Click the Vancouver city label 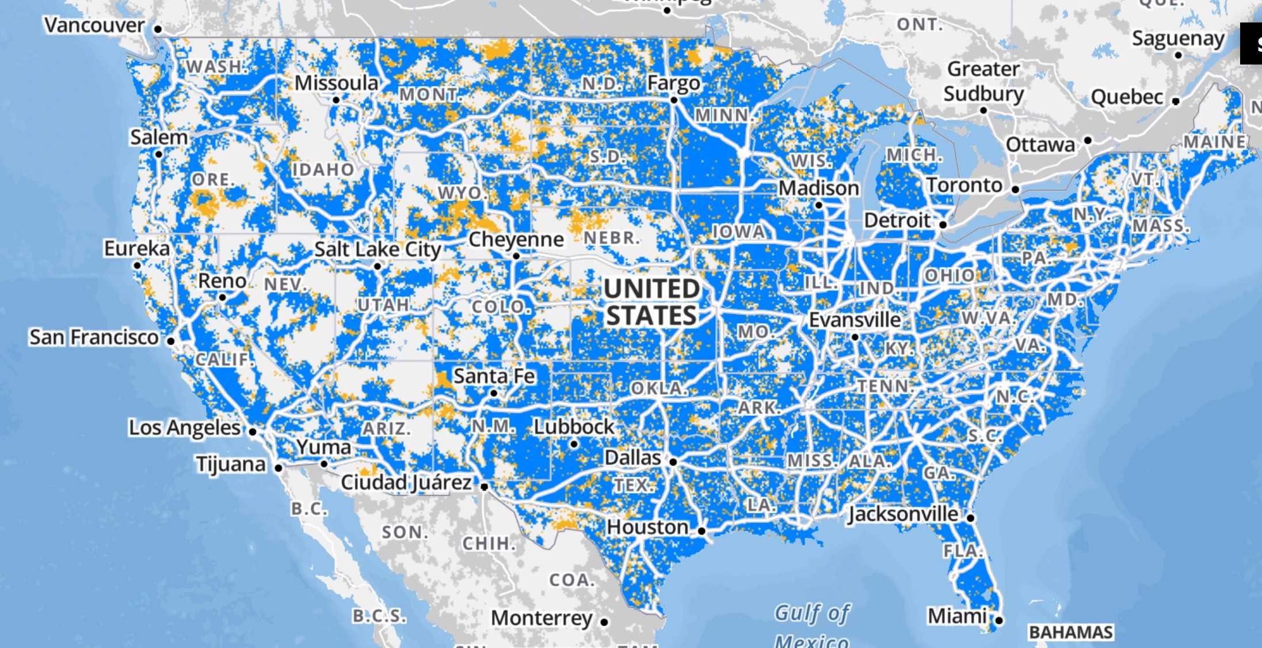click(x=94, y=25)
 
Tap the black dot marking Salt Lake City click(x=378, y=266)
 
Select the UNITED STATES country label click(x=651, y=302)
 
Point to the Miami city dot click(x=999, y=620)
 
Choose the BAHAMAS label click(x=1070, y=632)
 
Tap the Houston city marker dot click(x=701, y=531)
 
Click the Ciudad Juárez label click(x=406, y=483)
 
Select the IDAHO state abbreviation click(x=323, y=170)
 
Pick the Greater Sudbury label click(x=983, y=81)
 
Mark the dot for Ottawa click(x=1088, y=141)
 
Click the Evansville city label click(x=855, y=320)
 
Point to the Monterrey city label click(x=542, y=618)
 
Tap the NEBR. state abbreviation click(x=612, y=238)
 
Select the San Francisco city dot click(x=171, y=341)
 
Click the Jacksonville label click(x=903, y=514)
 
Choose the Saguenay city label click(x=1178, y=39)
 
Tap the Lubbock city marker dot click(x=574, y=444)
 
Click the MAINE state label click(x=1214, y=142)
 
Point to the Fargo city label click(x=673, y=84)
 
